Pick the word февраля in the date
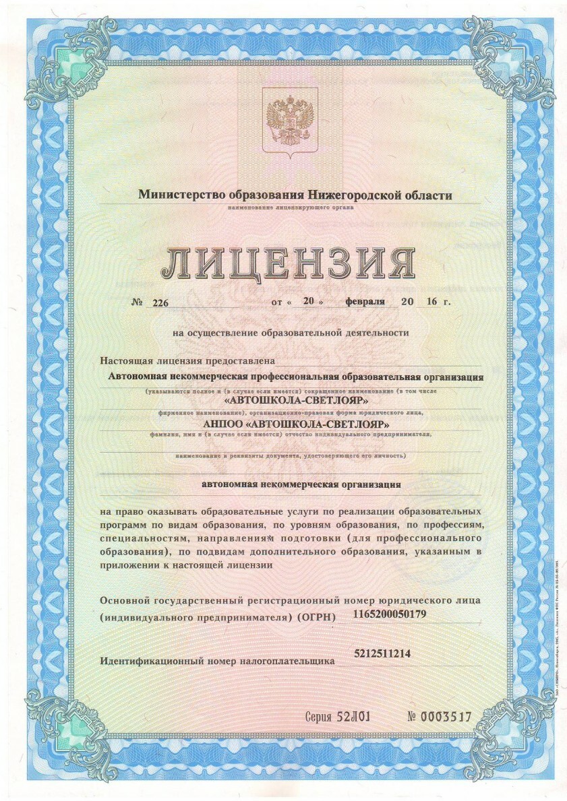pyautogui.click(x=365, y=302)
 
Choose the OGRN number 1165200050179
pyautogui.click(x=390, y=614)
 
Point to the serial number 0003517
pyautogui.click(x=446, y=717)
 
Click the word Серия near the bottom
pyautogui.click(x=319, y=717)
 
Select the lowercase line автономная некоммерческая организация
pyautogui.click(x=302, y=484)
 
